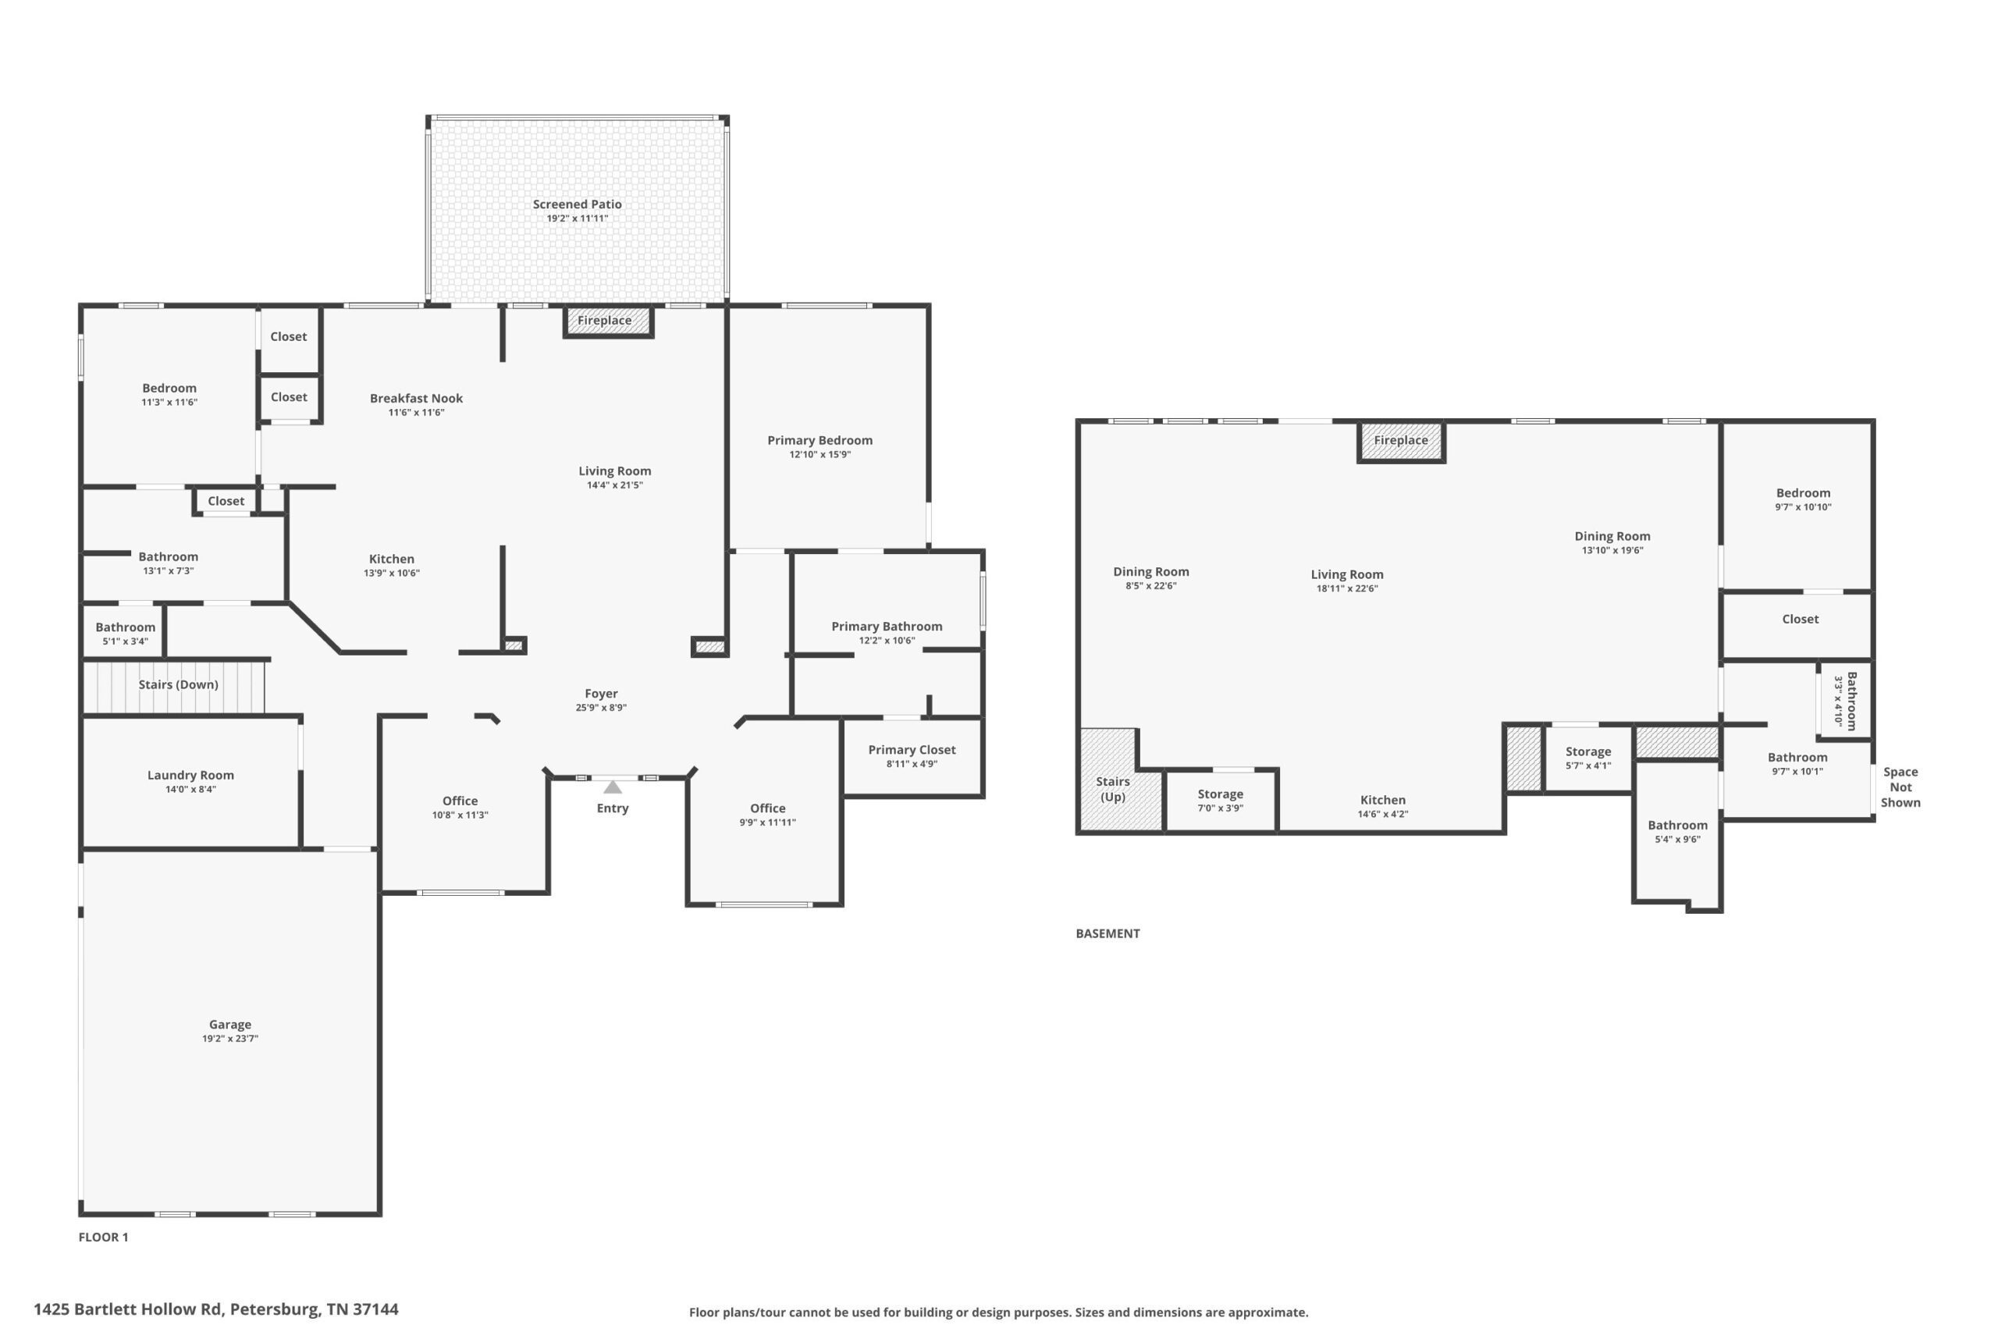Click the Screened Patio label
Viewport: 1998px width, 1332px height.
(577, 204)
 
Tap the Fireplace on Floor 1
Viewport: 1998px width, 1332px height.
(608, 321)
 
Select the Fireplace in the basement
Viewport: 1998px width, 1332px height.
(1401, 441)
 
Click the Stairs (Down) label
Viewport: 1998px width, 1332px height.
(179, 684)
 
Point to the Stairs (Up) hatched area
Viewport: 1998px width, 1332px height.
(1120, 779)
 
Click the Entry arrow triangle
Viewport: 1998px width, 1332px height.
(613, 787)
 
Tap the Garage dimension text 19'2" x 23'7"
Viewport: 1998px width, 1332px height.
(230, 1038)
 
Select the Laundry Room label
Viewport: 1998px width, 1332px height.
(190, 775)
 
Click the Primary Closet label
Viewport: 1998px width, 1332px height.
(912, 749)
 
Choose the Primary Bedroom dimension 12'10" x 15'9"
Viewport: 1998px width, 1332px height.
(819, 454)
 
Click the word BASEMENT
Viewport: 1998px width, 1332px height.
(1107, 932)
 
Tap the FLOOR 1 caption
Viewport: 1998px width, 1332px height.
(104, 1237)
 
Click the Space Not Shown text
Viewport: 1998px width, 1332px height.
(1900, 787)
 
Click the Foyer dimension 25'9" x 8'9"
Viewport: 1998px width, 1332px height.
(602, 708)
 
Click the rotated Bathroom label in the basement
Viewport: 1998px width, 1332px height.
(1852, 701)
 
